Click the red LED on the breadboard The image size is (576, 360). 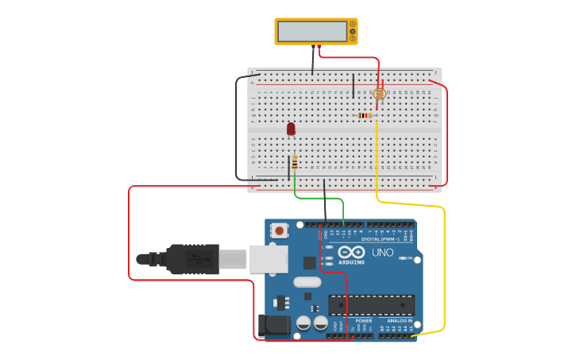[x=291, y=128]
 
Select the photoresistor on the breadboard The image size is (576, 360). [x=379, y=95]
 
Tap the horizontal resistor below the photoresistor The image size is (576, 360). [x=365, y=115]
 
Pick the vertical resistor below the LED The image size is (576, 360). [x=295, y=163]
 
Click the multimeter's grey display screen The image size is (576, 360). [x=311, y=31]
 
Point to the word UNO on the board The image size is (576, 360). [x=382, y=253]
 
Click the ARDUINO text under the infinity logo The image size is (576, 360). [x=351, y=261]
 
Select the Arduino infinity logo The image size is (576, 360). [x=351, y=251]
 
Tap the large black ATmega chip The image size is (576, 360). [x=371, y=304]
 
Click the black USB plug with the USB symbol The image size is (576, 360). [x=191, y=259]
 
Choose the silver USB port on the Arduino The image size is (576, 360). [x=269, y=259]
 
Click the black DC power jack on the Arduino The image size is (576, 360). [x=274, y=324]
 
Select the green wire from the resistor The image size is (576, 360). [x=318, y=198]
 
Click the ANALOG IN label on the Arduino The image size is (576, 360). [x=400, y=321]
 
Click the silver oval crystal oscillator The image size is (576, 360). [x=307, y=281]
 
